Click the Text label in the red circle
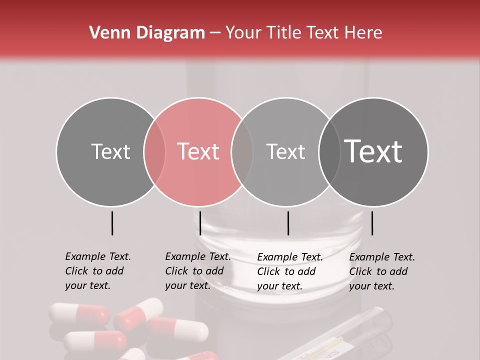click(198, 151)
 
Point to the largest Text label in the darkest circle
click(373, 151)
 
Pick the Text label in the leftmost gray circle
click(110, 151)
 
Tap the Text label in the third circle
click(285, 151)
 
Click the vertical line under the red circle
click(200, 223)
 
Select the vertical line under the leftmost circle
click(112, 223)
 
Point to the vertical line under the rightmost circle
click(372, 223)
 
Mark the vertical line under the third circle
click(288, 223)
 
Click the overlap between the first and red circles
click(154, 151)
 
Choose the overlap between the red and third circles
click(242, 151)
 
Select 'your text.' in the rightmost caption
click(371, 286)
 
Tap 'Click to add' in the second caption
click(194, 271)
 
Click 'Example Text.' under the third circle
click(290, 257)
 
